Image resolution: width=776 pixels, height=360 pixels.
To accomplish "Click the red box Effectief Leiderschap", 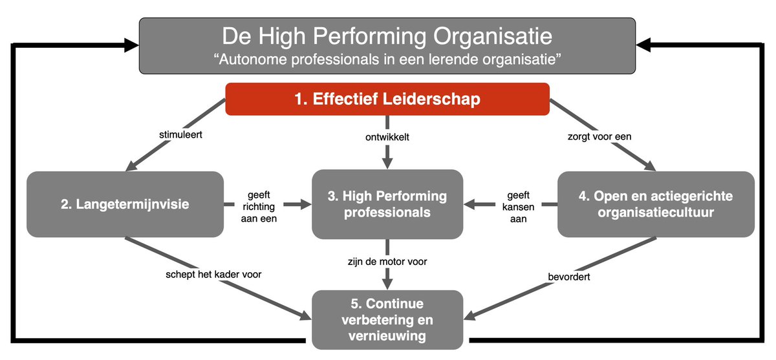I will [387, 100].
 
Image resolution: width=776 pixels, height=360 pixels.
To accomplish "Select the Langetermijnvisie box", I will [124, 204].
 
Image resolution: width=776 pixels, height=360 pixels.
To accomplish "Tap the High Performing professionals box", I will [387, 204].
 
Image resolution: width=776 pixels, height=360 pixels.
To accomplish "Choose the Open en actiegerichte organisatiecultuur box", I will [655, 204].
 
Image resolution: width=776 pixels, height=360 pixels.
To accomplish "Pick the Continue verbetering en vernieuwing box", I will [387, 319].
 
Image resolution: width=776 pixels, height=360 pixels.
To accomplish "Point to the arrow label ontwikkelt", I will [387, 136].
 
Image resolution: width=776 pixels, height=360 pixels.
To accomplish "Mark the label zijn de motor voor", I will [387, 262].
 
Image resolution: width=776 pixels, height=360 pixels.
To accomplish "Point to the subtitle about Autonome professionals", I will [387, 59].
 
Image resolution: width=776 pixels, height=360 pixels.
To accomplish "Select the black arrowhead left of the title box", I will [132, 44].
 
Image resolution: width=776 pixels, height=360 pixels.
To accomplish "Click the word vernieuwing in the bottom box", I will [387, 336].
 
